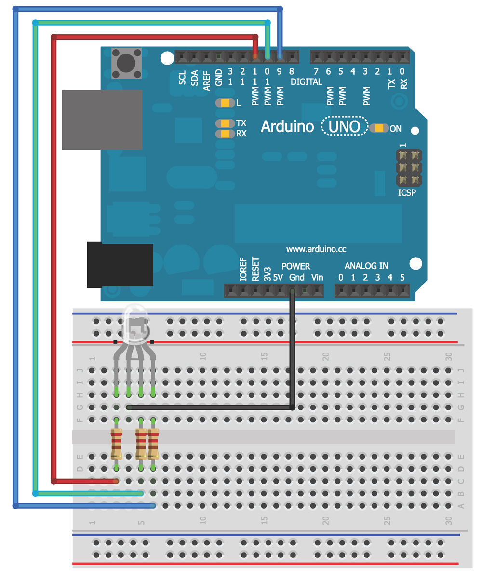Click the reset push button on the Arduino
point(127,63)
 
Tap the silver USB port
point(102,119)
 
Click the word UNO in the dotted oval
point(344,127)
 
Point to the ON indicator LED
point(380,128)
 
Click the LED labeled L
point(225,103)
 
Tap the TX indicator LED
point(225,124)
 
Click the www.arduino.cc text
point(316,249)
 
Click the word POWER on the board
point(295,266)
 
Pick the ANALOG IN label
point(366,266)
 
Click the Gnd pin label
point(297,277)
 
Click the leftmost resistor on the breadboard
point(116,444)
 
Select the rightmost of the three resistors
point(153,444)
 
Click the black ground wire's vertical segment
point(292,352)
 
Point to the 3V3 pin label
point(268,273)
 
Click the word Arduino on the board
point(287,127)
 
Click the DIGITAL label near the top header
point(307,82)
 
